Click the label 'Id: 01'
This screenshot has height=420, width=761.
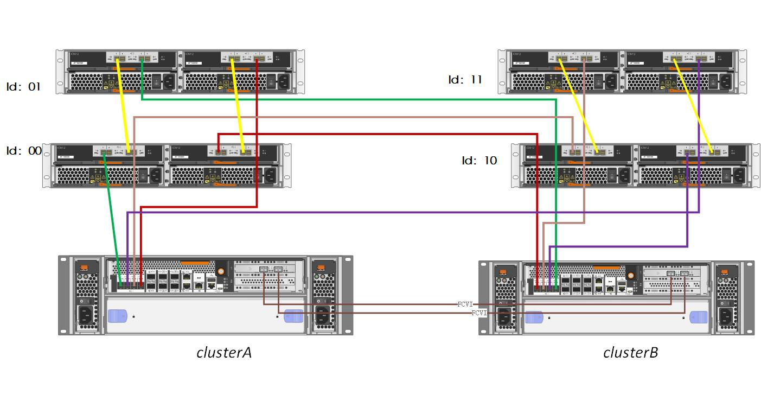pos(23,86)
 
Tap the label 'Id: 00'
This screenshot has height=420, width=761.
pos(24,150)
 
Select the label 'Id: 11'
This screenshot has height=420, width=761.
pos(465,80)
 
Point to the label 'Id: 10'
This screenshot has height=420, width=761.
pos(479,160)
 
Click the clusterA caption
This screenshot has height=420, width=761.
pos(224,352)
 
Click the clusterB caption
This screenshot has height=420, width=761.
pos(630,352)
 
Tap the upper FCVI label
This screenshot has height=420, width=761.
pos(465,304)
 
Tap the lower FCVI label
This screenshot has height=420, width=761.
pos(479,313)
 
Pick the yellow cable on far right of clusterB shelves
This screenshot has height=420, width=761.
pos(693,103)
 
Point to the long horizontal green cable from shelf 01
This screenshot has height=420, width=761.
pos(347,99)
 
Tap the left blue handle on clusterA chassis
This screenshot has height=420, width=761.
pos(117,316)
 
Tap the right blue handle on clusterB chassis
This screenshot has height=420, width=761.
pos(699,316)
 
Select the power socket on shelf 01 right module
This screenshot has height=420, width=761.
pos(283,82)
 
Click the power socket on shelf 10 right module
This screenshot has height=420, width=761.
pos(739,175)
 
